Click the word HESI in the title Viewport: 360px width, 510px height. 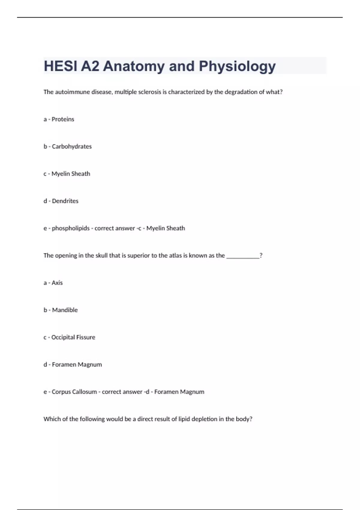[x=60, y=66]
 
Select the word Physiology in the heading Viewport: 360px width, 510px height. [x=237, y=67]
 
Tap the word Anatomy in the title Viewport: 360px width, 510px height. [x=133, y=66]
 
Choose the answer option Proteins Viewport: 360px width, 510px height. [x=63, y=119]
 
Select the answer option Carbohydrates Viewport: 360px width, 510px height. [x=72, y=147]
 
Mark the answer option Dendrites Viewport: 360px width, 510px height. [x=65, y=201]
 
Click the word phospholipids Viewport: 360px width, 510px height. [x=71, y=228]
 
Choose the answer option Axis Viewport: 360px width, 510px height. [x=57, y=283]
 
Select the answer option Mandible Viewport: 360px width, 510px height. [x=65, y=310]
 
